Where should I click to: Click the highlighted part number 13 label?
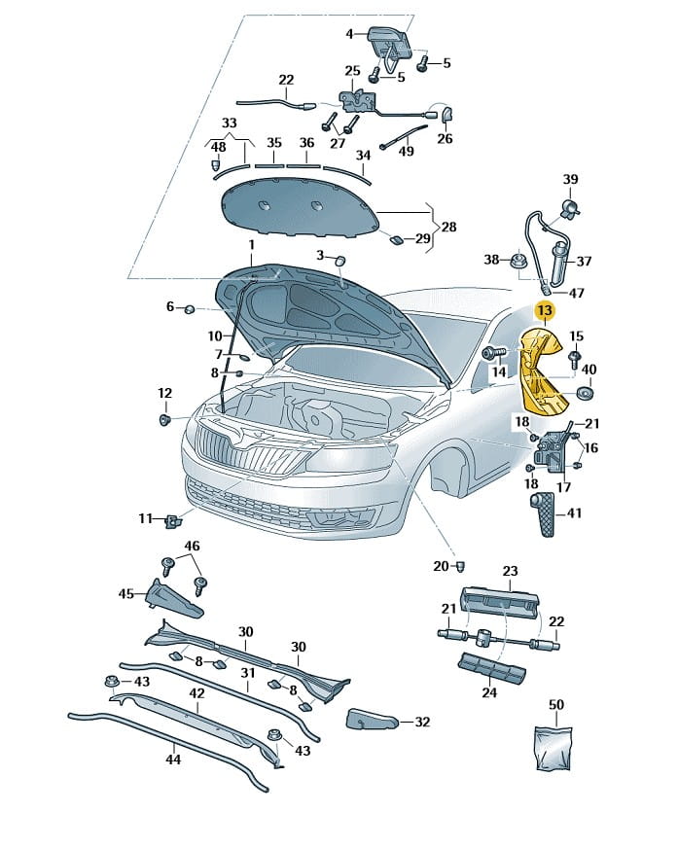(544, 311)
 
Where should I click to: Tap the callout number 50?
(556, 704)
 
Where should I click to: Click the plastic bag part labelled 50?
(555, 748)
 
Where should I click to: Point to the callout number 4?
(351, 35)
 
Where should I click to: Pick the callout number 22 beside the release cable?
(286, 80)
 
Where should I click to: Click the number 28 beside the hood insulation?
(448, 226)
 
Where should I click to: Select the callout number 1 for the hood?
(250, 244)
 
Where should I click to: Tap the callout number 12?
(164, 393)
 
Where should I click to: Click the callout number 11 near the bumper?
(145, 518)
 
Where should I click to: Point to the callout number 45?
(125, 593)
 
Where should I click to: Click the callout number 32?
(421, 722)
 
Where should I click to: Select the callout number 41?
(574, 512)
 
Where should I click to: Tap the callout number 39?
(571, 179)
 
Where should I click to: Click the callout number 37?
(584, 262)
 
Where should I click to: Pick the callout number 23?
(511, 571)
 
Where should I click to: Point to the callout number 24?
(489, 692)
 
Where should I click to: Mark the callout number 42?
(196, 693)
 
